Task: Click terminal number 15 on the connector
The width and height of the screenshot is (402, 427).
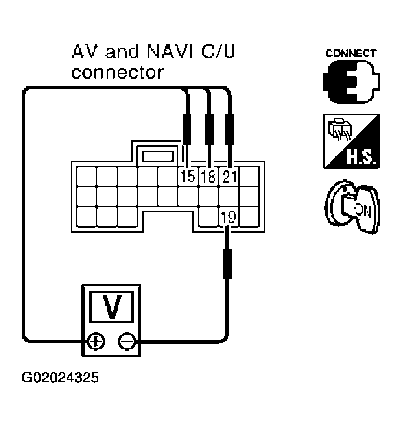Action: coord(188,176)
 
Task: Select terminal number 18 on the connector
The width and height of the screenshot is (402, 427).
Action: coord(208,176)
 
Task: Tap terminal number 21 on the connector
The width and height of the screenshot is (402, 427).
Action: coord(229,176)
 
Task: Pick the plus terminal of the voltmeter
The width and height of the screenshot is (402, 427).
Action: coord(94,341)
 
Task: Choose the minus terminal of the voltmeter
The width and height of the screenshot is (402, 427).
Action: coord(126,341)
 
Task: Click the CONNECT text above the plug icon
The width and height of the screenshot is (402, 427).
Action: coord(351,53)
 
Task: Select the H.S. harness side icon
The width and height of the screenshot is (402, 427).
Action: coord(351,142)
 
